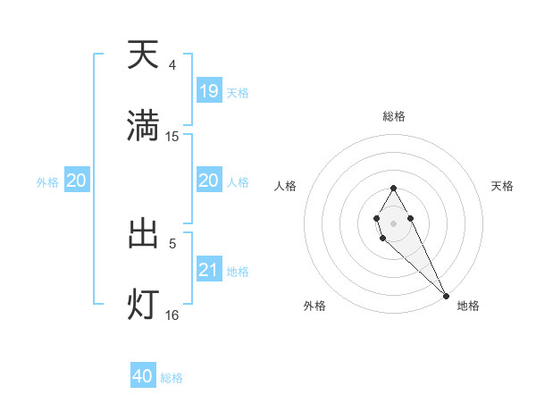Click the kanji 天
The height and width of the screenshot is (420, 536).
(x=143, y=55)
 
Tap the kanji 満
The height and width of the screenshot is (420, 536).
(x=143, y=126)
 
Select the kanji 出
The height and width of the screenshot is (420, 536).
(x=143, y=233)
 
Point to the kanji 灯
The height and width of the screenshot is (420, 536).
(x=143, y=304)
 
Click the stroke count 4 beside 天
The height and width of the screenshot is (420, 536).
(x=172, y=65)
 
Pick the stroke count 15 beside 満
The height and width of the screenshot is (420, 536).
(x=172, y=136)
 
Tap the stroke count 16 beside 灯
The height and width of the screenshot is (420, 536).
(x=172, y=315)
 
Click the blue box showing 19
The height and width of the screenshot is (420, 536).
(x=209, y=91)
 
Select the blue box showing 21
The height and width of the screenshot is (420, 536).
(x=209, y=270)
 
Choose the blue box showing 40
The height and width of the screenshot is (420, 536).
(x=143, y=376)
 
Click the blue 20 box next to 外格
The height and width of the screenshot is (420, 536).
(x=77, y=181)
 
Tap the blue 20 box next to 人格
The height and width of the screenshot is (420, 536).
(x=209, y=181)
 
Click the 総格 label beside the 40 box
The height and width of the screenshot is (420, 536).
(x=172, y=378)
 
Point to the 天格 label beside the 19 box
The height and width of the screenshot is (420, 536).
(x=238, y=92)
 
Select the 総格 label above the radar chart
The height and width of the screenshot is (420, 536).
(x=394, y=116)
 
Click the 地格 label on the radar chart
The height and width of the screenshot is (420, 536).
(x=468, y=306)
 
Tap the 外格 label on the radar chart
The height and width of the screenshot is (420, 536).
(x=314, y=306)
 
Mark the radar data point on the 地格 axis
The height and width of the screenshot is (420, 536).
(x=446, y=296)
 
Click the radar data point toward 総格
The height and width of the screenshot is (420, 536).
(x=393, y=188)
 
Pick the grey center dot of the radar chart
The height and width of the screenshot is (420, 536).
(x=393, y=223)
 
